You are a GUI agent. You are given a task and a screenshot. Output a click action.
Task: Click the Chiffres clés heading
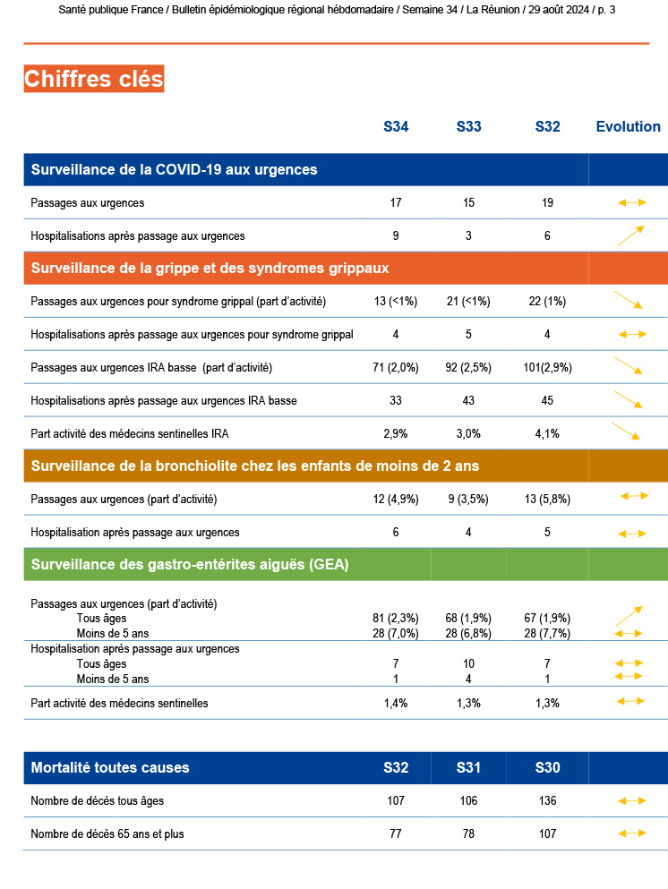pyautogui.click(x=93, y=79)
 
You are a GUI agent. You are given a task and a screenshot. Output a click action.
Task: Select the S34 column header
pyautogui.click(x=396, y=127)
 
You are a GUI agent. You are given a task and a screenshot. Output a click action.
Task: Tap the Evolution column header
pyautogui.click(x=628, y=127)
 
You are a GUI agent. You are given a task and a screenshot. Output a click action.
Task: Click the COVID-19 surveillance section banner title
pyautogui.click(x=174, y=169)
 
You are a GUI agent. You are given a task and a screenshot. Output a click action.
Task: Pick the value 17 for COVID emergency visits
pyautogui.click(x=396, y=203)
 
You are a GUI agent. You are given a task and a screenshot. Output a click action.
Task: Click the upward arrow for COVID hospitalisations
pyautogui.click(x=630, y=235)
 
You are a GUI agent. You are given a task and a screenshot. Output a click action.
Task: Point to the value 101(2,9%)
pyautogui.click(x=548, y=367)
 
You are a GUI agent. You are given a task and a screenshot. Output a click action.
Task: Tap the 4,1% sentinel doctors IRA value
pyautogui.click(x=547, y=433)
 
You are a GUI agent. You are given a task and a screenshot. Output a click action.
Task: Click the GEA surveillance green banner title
pyautogui.click(x=190, y=565)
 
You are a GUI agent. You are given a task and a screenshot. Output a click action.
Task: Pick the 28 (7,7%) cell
pyautogui.click(x=547, y=633)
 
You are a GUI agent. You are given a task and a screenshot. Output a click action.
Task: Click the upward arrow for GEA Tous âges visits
pyautogui.click(x=629, y=615)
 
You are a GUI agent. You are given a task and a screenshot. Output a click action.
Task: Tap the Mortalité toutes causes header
pyautogui.click(x=110, y=767)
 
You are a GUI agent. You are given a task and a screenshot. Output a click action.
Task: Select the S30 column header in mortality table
pyautogui.click(x=547, y=767)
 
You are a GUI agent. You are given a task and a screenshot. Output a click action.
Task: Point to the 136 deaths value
pyautogui.click(x=547, y=800)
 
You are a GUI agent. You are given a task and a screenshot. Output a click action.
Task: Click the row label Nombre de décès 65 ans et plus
pyautogui.click(x=107, y=833)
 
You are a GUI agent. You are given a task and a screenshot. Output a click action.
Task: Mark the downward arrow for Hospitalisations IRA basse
pyautogui.click(x=627, y=399)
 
